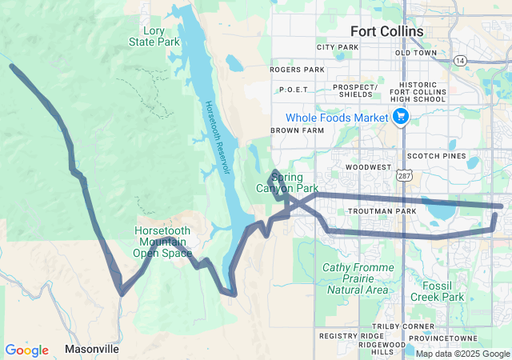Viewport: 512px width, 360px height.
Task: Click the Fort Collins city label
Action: coord(387,30)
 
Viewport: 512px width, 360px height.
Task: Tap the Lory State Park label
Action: coord(148,36)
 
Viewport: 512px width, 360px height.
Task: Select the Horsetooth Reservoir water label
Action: coord(216,138)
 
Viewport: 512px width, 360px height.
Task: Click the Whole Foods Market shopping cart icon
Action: coord(401,118)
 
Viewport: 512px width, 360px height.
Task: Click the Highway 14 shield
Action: coord(460,60)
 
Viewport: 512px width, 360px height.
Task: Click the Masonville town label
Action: coord(92,350)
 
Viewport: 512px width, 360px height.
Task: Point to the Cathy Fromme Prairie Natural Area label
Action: coord(358,278)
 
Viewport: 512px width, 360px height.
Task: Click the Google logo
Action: coord(26,350)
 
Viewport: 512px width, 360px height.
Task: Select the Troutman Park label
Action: coord(382,211)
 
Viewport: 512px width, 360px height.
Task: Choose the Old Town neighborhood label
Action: coord(416,53)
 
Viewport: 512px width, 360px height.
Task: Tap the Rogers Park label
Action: coord(297,70)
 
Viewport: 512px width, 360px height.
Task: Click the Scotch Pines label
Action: coord(436,156)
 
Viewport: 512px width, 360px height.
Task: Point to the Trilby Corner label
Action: coord(430,326)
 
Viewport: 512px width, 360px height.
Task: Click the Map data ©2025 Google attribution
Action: coord(462,354)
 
